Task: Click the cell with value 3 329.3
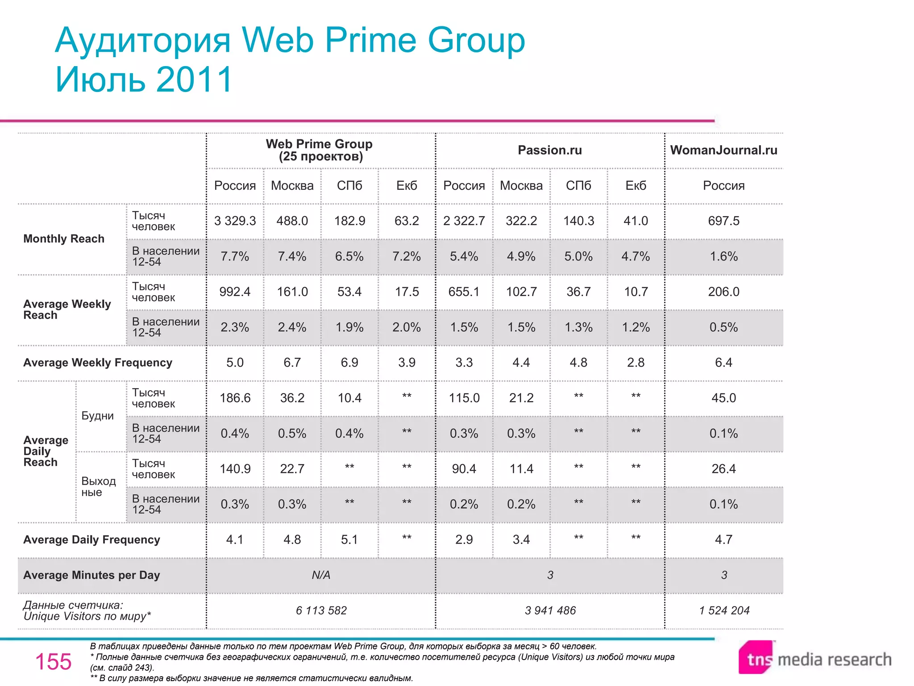coord(235,221)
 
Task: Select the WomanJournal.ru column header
coord(723,150)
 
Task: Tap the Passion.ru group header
coord(549,150)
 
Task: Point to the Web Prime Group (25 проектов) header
coord(320,150)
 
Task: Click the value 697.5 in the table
coord(723,221)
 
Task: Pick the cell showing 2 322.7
coord(464,221)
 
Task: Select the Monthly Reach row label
coord(64,239)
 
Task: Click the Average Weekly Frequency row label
coord(98,363)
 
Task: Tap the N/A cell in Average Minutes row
coord(320,575)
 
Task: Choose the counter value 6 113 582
coord(321,611)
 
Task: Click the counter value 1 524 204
coord(724,611)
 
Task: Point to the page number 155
coord(53,661)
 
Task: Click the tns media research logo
coord(814,658)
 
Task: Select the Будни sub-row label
coord(97,416)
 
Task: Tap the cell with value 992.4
coord(235,292)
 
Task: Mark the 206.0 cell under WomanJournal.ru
coord(723,292)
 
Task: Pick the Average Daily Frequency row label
coord(91,540)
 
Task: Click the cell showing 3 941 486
coord(550,611)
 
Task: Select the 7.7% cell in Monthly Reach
coord(235,257)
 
